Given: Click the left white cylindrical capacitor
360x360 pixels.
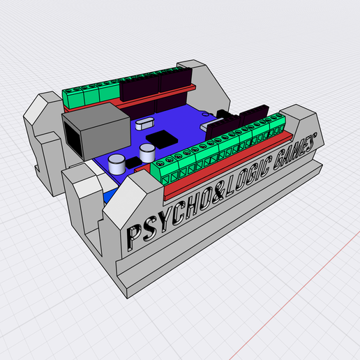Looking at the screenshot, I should (x=117, y=165).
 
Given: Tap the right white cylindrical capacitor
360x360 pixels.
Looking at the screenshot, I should (x=147, y=151).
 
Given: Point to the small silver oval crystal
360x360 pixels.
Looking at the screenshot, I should (x=144, y=126).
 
